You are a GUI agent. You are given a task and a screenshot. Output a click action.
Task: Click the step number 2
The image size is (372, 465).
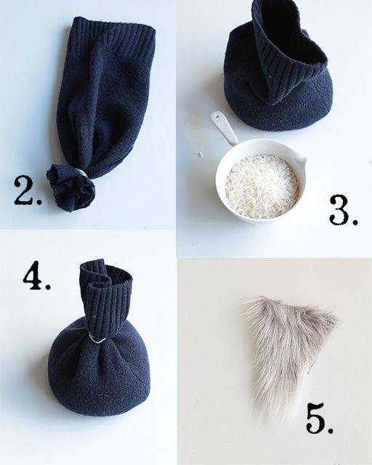[x=28, y=190]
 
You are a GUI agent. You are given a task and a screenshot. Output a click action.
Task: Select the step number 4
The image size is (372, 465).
[x=36, y=275]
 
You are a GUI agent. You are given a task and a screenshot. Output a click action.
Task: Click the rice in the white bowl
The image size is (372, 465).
[x=262, y=186]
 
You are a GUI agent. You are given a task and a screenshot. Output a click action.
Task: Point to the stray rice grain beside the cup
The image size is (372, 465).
[x=201, y=155]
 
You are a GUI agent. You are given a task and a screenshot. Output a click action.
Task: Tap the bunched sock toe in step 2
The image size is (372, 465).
[x=70, y=187]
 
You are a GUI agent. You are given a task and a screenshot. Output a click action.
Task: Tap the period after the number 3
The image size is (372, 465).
[x=354, y=221]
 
